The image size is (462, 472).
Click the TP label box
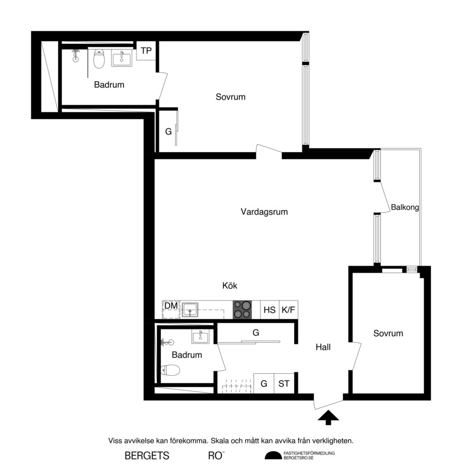146,51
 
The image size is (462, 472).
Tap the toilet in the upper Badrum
99,59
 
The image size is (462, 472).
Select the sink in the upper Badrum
121,58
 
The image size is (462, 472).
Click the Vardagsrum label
264,212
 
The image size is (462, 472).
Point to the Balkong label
404,207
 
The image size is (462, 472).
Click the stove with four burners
243,309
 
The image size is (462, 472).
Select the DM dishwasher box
171,306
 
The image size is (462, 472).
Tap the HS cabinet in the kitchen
269,310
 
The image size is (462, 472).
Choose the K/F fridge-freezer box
288,310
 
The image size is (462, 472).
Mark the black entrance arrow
328,417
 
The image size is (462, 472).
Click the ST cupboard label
284,383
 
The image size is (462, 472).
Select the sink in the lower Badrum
201,337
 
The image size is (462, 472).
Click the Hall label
323,347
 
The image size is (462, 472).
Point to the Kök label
230,286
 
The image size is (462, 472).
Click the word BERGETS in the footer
147,456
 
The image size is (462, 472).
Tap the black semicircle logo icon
272,455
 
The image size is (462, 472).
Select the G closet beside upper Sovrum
168,131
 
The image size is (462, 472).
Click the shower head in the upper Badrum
75,56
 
